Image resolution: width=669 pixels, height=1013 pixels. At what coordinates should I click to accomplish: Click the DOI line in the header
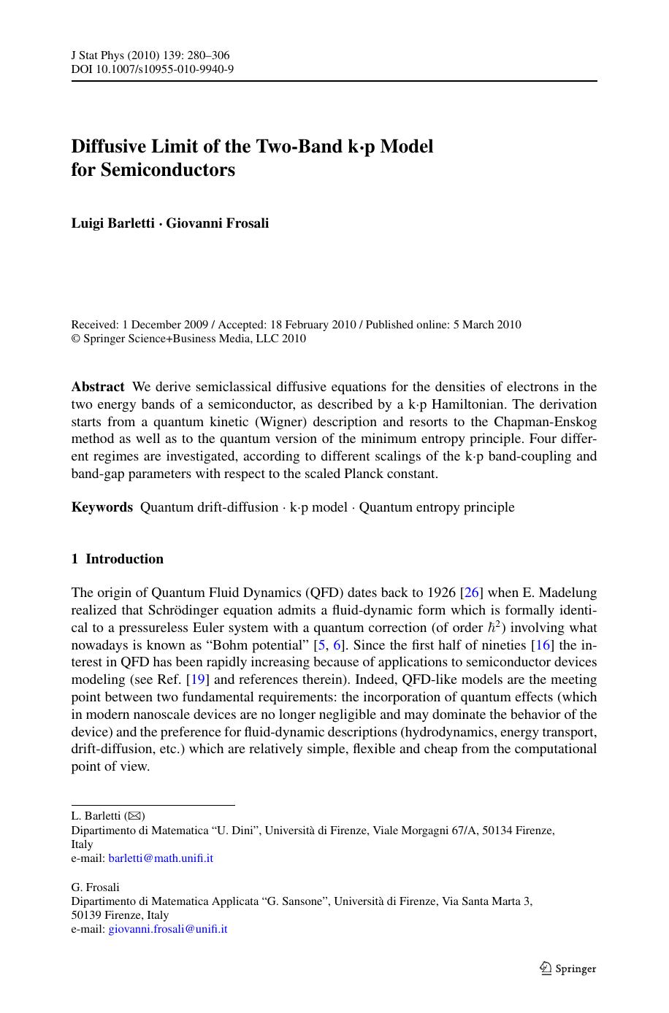click(x=152, y=69)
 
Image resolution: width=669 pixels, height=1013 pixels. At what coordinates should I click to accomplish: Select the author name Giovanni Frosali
click(x=218, y=223)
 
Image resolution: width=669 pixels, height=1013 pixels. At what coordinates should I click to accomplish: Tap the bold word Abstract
click(x=98, y=387)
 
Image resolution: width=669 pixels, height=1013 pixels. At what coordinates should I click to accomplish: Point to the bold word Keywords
click(x=102, y=507)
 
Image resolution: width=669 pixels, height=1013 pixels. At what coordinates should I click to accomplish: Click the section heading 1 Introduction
click(x=118, y=559)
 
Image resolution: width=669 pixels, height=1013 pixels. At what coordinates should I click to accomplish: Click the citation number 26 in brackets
click(x=472, y=593)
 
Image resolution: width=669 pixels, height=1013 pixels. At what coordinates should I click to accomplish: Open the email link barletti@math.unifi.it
click(x=161, y=858)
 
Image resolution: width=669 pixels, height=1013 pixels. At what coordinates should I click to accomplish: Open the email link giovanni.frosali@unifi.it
click(x=168, y=929)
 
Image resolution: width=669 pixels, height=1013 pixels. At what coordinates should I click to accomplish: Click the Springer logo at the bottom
click(x=567, y=968)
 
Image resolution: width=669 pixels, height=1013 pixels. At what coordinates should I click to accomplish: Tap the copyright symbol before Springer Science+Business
click(x=75, y=339)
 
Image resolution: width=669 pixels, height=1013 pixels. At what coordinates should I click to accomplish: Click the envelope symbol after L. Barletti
click(x=135, y=816)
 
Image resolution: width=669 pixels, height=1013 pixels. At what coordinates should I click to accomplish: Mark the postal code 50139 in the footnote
click(x=86, y=915)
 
